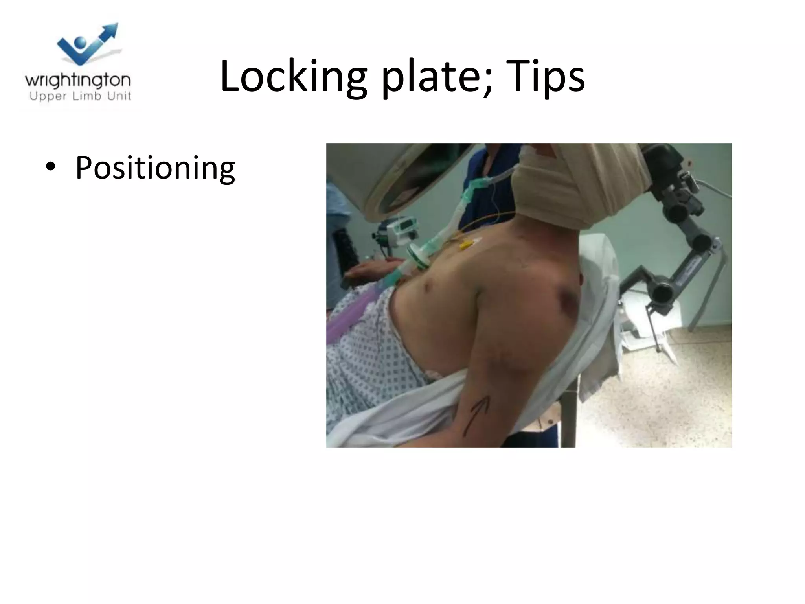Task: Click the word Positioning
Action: (155, 168)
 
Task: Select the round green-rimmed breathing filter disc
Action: (418, 258)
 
